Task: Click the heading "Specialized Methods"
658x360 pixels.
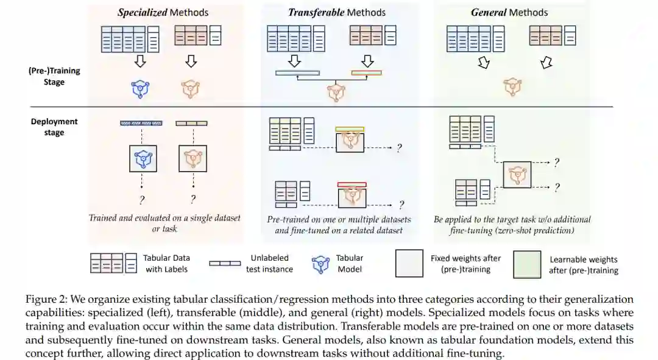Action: pos(163,12)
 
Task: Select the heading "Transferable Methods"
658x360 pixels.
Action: pos(336,12)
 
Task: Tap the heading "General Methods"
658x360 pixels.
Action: pos(509,12)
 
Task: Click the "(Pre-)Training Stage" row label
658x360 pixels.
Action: pos(54,76)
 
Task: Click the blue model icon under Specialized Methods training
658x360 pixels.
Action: pos(141,89)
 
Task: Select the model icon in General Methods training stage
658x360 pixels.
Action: pos(512,87)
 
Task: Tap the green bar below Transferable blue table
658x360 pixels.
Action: pos(297,73)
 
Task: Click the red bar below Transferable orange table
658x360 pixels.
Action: pos(366,72)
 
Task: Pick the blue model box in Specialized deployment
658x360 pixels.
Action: pos(143,158)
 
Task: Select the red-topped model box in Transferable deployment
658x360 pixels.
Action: pos(352,196)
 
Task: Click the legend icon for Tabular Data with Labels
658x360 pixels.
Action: pos(115,263)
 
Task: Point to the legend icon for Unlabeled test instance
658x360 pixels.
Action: pos(225,263)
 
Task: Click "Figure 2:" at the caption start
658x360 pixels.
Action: pos(46,300)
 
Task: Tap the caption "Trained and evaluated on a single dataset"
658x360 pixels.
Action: pos(164,218)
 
